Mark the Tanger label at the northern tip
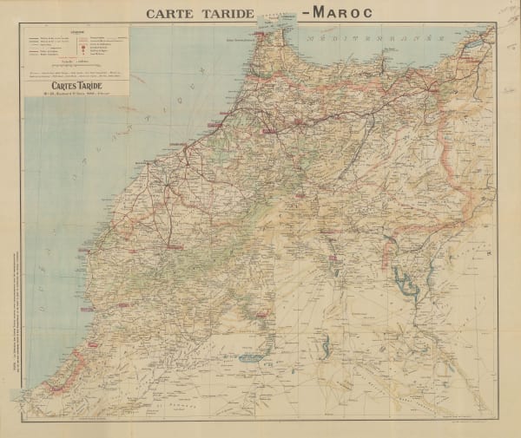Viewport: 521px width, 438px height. pos(258,39)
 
